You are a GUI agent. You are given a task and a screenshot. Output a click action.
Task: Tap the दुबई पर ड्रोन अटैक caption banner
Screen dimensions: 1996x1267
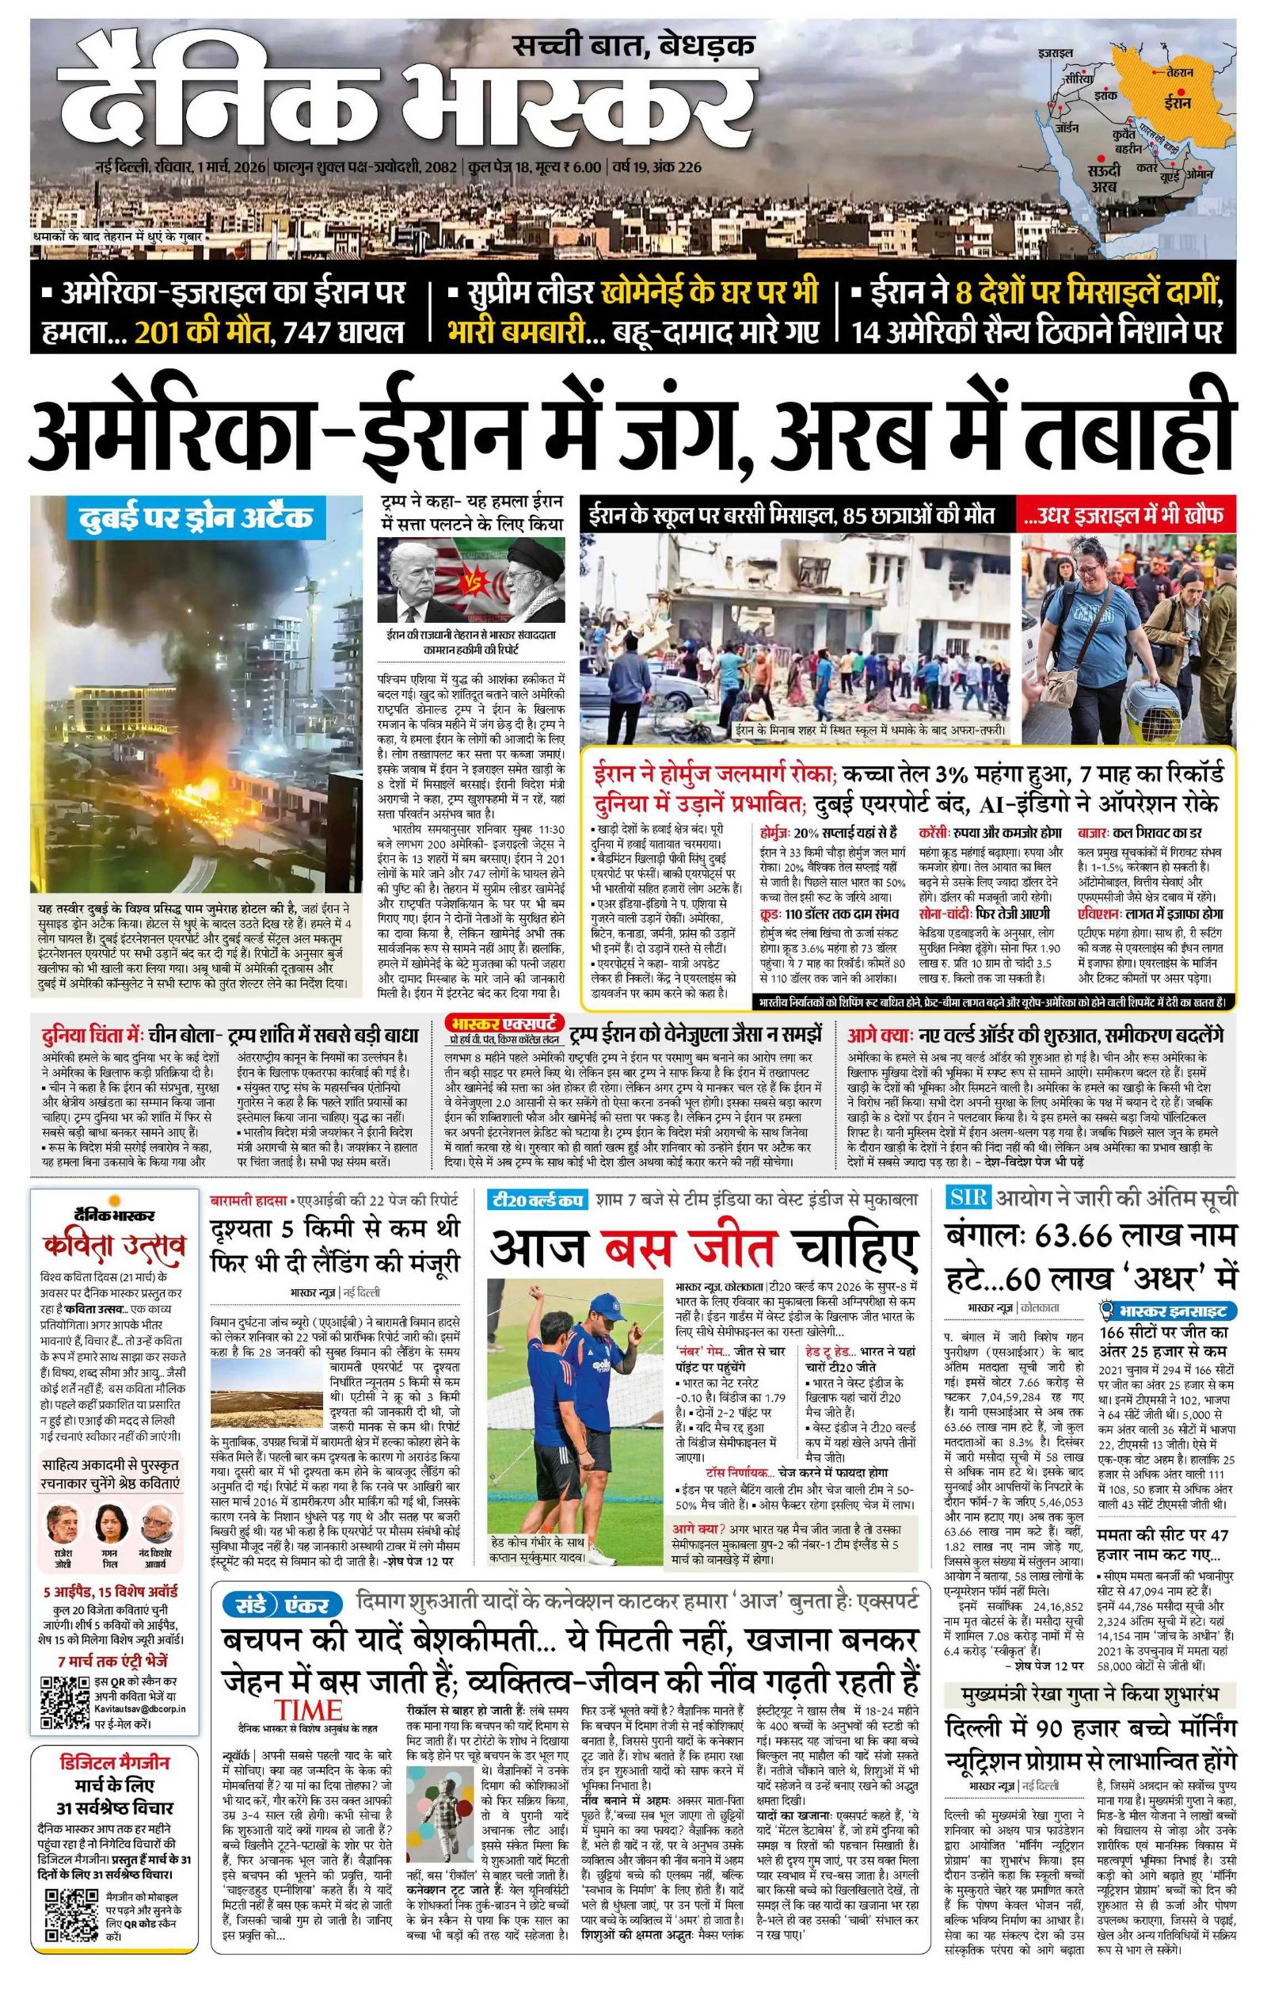pyautogui.click(x=196, y=518)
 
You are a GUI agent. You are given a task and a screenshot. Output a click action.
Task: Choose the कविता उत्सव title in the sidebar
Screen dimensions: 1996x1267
pyautogui.click(x=116, y=1245)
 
